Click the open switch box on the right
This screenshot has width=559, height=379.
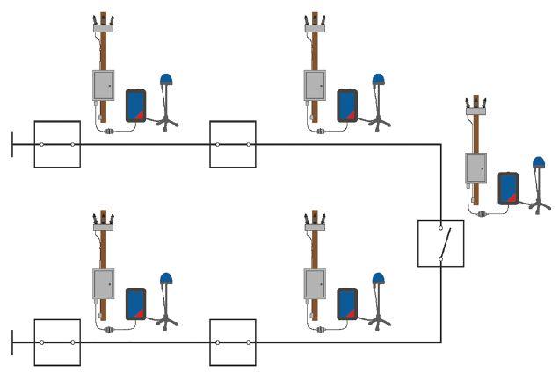click(x=440, y=243)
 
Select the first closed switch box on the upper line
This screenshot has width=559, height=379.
click(x=57, y=144)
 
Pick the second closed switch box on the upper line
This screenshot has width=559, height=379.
click(x=233, y=144)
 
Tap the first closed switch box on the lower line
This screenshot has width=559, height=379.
click(x=57, y=342)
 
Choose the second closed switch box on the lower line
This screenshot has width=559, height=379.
click(x=233, y=342)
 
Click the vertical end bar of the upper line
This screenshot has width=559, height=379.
click(x=12, y=144)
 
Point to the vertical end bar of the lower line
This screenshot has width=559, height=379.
click(x=12, y=342)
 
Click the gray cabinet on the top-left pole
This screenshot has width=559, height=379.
click(x=104, y=86)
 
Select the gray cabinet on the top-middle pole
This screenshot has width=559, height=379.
click(x=316, y=86)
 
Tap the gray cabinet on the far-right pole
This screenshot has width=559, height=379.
click(x=476, y=168)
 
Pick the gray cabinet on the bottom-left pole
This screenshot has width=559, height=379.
click(x=104, y=284)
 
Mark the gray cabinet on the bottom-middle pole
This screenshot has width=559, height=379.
click(x=316, y=284)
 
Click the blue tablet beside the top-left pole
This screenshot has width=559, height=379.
click(x=135, y=105)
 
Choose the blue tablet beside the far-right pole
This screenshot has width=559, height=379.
click(x=507, y=188)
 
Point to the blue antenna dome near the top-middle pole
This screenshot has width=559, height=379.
click(x=378, y=81)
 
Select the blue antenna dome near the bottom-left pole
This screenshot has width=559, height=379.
click(x=166, y=280)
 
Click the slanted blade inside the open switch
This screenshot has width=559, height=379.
click(x=445, y=240)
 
